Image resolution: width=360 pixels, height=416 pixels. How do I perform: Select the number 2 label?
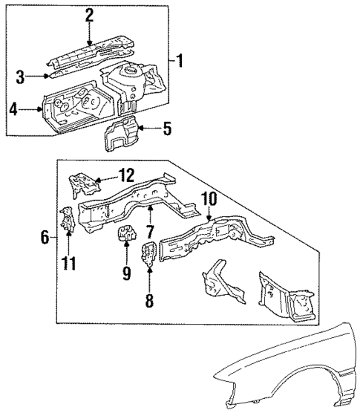[89, 15]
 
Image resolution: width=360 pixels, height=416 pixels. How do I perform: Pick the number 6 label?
[45, 238]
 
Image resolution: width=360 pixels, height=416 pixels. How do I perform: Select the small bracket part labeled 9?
[125, 238]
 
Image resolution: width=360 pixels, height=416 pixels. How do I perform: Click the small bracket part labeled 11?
[67, 218]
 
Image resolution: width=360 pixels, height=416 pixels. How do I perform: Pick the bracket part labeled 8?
[148, 254]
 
